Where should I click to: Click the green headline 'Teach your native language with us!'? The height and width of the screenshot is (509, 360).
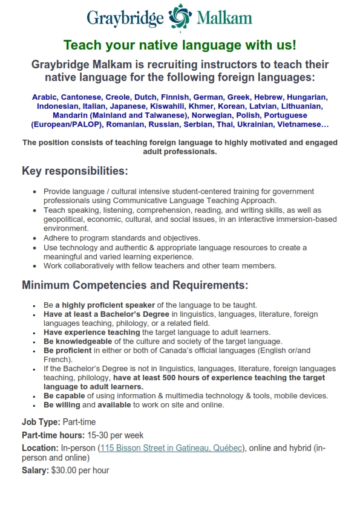[x=180, y=45]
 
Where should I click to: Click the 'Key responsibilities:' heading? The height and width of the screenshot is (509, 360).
[x=75, y=171]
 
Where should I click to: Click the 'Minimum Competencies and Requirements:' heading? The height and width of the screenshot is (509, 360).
[x=135, y=285]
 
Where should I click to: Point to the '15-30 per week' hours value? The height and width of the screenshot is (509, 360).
[x=115, y=435]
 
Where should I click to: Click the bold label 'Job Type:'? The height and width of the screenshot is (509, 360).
[x=41, y=422]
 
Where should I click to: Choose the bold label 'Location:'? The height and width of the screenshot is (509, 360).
[x=40, y=448]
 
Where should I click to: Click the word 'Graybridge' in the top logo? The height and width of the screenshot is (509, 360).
[x=125, y=18]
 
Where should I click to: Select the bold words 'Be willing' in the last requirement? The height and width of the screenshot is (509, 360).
[x=62, y=404]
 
